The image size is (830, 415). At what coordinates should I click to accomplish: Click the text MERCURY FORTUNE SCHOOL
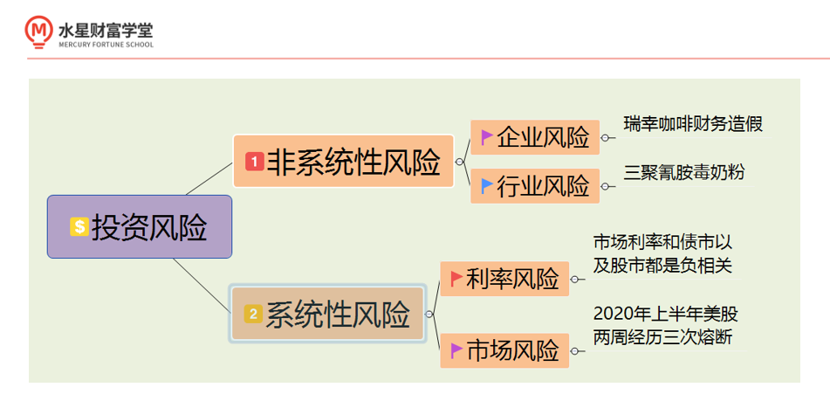click(105, 45)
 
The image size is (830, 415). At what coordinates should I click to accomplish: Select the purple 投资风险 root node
click(140, 227)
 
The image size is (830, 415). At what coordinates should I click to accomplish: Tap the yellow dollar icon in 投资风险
click(79, 227)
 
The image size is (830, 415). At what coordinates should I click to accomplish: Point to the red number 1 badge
click(254, 162)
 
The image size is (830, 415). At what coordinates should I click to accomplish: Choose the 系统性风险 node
click(327, 313)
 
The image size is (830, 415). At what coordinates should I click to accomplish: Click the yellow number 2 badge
click(253, 314)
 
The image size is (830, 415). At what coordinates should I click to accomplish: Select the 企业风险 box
click(534, 137)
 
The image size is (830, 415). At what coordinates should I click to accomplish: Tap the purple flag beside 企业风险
click(486, 136)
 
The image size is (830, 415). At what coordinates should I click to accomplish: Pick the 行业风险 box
click(534, 185)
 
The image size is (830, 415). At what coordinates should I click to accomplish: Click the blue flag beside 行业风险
click(486, 184)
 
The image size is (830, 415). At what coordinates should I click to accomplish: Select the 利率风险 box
click(504, 279)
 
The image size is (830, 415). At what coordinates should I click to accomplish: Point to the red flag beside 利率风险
click(456, 278)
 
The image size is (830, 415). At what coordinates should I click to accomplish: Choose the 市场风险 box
click(504, 350)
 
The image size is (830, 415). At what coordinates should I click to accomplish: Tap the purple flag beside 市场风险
click(456, 349)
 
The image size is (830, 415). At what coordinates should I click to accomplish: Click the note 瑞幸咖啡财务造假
click(693, 123)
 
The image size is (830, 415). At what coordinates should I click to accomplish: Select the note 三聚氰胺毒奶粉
click(684, 171)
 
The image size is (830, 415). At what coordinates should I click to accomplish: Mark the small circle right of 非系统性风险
click(459, 162)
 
